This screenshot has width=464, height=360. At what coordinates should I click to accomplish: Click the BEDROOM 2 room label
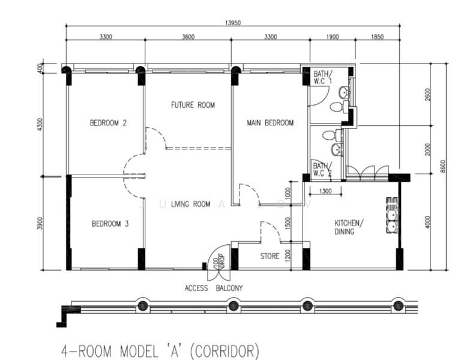[108, 123]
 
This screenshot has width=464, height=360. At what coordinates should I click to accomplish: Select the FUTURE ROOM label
[193, 105]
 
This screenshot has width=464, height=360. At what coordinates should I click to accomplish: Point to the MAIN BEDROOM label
[270, 123]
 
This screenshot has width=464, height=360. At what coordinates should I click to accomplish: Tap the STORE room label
[270, 256]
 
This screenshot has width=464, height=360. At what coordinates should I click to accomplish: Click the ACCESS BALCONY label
[213, 288]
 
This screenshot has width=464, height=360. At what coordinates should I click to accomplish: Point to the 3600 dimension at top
[188, 37]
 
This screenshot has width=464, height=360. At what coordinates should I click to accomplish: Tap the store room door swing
[270, 231]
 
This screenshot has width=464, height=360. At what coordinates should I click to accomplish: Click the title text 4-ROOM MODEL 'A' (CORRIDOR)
[160, 349]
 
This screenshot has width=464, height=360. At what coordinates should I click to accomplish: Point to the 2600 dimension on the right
[427, 95]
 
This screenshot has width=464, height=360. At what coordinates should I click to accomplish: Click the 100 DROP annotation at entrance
[217, 262]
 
